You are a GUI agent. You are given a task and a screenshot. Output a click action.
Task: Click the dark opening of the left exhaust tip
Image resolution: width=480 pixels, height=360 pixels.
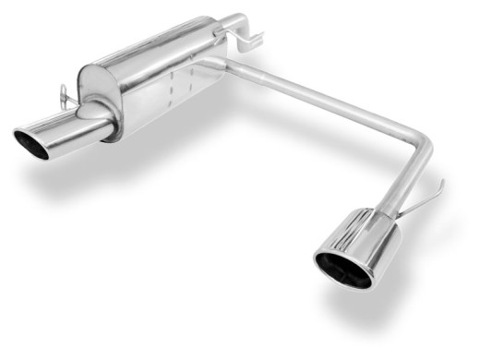point(30,145)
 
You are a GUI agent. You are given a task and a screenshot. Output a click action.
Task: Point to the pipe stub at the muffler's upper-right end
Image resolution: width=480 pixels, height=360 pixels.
point(231,22)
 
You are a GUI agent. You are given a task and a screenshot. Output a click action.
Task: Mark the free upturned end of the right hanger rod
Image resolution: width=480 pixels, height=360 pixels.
point(441,183)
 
